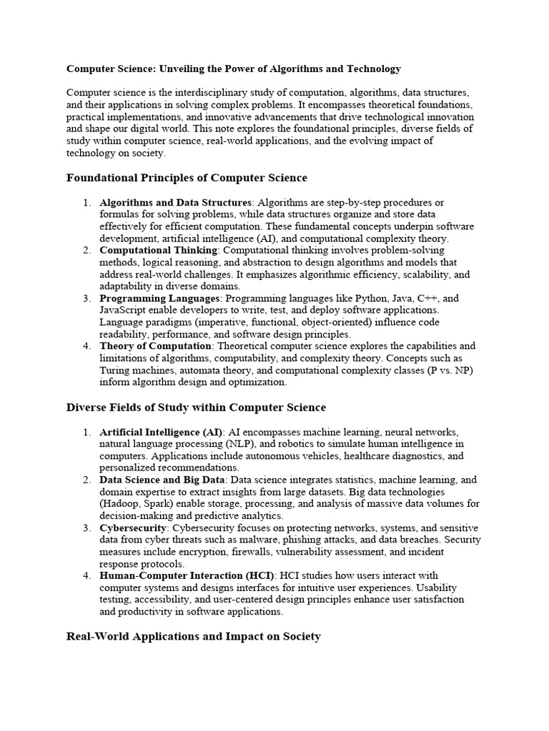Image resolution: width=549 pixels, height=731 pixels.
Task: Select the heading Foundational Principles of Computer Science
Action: [x=186, y=178]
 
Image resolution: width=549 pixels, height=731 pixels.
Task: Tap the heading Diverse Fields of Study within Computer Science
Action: [x=196, y=407]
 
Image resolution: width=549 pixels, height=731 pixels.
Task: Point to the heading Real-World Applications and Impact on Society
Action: [x=193, y=636]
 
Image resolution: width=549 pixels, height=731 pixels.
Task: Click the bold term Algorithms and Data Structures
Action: [x=176, y=203]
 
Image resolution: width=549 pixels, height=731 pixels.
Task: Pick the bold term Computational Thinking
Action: [x=158, y=251]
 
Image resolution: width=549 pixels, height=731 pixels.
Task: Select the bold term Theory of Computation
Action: [x=155, y=346]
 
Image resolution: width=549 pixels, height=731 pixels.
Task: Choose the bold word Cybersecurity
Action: [x=133, y=528]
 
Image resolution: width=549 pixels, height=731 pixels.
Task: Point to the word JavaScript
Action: [x=124, y=311]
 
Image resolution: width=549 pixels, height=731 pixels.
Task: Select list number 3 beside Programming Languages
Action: [x=86, y=298]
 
